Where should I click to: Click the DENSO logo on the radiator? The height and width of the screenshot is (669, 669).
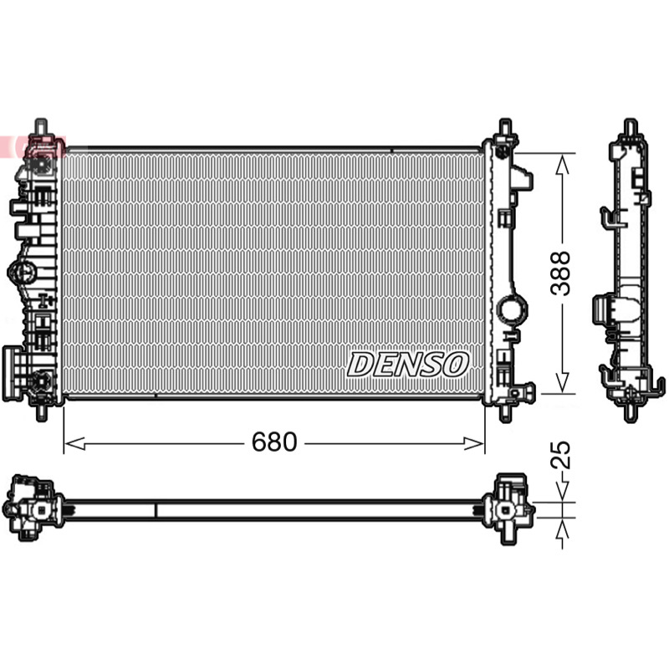pyautogui.click(x=408, y=365)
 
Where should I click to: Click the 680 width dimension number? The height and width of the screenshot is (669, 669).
pyautogui.click(x=274, y=442)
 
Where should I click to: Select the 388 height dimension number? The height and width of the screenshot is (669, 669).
pyautogui.click(x=560, y=273)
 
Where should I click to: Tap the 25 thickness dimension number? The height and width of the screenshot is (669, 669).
pyautogui.click(x=560, y=455)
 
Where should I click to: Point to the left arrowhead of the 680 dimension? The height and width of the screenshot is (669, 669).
pyautogui.click(x=75, y=444)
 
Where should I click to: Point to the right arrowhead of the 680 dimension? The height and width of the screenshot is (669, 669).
pyautogui.click(x=473, y=444)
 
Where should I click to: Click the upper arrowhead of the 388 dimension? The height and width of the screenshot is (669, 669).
pyautogui.click(x=562, y=164)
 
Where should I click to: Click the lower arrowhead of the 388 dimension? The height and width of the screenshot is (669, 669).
pyautogui.click(x=562, y=382)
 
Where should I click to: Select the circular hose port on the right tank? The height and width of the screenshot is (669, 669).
pyautogui.click(x=513, y=307)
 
